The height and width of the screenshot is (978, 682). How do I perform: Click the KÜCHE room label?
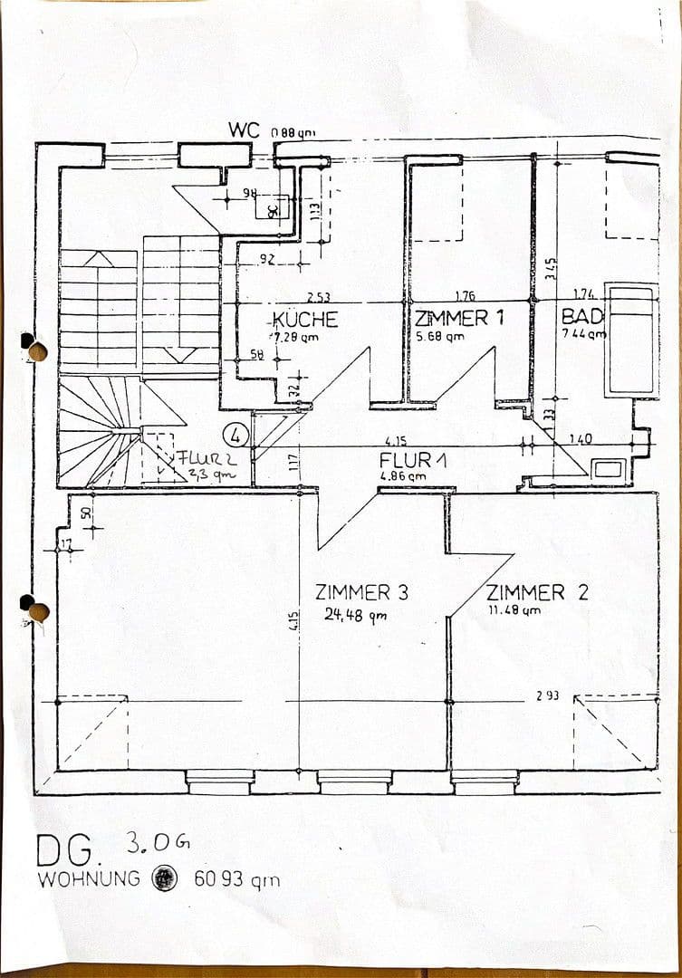pyautogui.click(x=306, y=320)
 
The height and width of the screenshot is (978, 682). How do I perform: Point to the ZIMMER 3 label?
pyautogui.click(x=361, y=593)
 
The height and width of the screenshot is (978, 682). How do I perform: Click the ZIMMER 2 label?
pyautogui.click(x=537, y=593)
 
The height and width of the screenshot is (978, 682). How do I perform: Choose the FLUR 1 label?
pyautogui.click(x=412, y=459)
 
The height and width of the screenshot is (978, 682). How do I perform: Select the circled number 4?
pyautogui.click(x=236, y=436)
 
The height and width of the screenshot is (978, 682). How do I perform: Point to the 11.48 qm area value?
pyautogui.click(x=514, y=610)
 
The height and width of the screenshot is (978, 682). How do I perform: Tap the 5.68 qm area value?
pyautogui.click(x=440, y=336)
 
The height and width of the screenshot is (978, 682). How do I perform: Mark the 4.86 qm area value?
pyautogui.click(x=403, y=475)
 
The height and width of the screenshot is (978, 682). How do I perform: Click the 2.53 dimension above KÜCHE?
pyautogui.click(x=317, y=296)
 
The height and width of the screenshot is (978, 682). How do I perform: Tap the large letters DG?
pyautogui.click(x=65, y=851)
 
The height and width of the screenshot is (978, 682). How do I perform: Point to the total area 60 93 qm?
pyautogui.click(x=237, y=879)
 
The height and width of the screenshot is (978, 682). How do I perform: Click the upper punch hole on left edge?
pyautogui.click(x=36, y=350)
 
